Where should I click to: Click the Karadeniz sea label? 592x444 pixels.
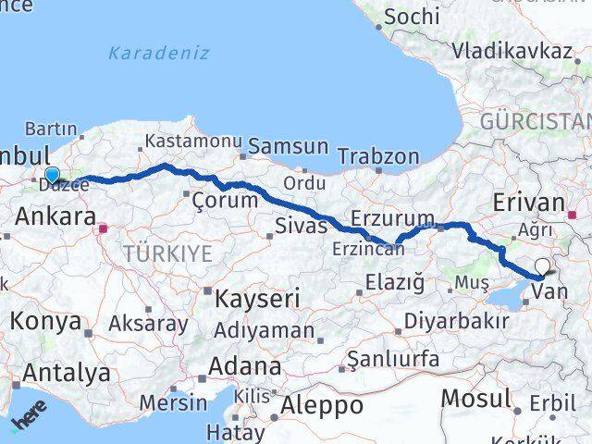click(x=158, y=53)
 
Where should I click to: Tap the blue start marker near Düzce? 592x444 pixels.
click(x=52, y=175)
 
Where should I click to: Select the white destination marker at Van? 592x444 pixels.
click(x=541, y=269)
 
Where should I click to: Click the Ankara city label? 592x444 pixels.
click(x=55, y=217)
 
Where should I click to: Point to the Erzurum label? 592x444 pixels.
click(x=385, y=219)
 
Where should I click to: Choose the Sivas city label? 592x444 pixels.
click(x=302, y=225)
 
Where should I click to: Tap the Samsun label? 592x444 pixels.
click(x=289, y=146)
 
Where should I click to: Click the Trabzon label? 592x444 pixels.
click(x=377, y=156)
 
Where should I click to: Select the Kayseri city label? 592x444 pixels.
click(x=257, y=298)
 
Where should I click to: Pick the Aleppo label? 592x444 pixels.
click(x=309, y=404)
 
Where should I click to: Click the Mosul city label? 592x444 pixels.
click(x=475, y=399)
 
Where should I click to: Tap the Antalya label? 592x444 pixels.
click(x=67, y=373)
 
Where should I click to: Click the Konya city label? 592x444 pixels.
click(x=45, y=321)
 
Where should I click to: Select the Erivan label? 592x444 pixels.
click(x=528, y=203)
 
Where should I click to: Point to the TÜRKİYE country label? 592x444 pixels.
click(x=167, y=253)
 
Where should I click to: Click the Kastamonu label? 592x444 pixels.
click(x=192, y=141)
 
